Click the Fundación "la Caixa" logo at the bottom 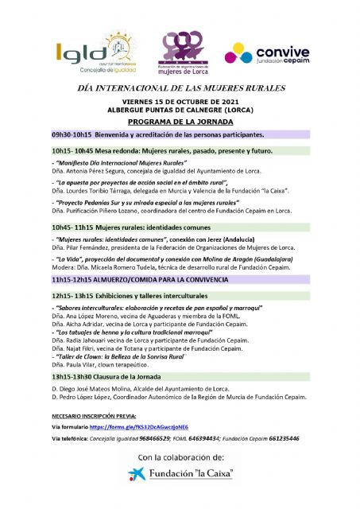tap(180, 475)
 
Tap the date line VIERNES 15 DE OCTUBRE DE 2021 tap(180, 101)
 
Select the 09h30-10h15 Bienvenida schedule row tap(180, 134)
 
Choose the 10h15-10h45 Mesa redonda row tap(180, 150)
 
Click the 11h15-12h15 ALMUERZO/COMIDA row tap(180, 281)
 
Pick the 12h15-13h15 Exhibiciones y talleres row tap(180, 296)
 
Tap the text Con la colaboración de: tap(180, 457)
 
